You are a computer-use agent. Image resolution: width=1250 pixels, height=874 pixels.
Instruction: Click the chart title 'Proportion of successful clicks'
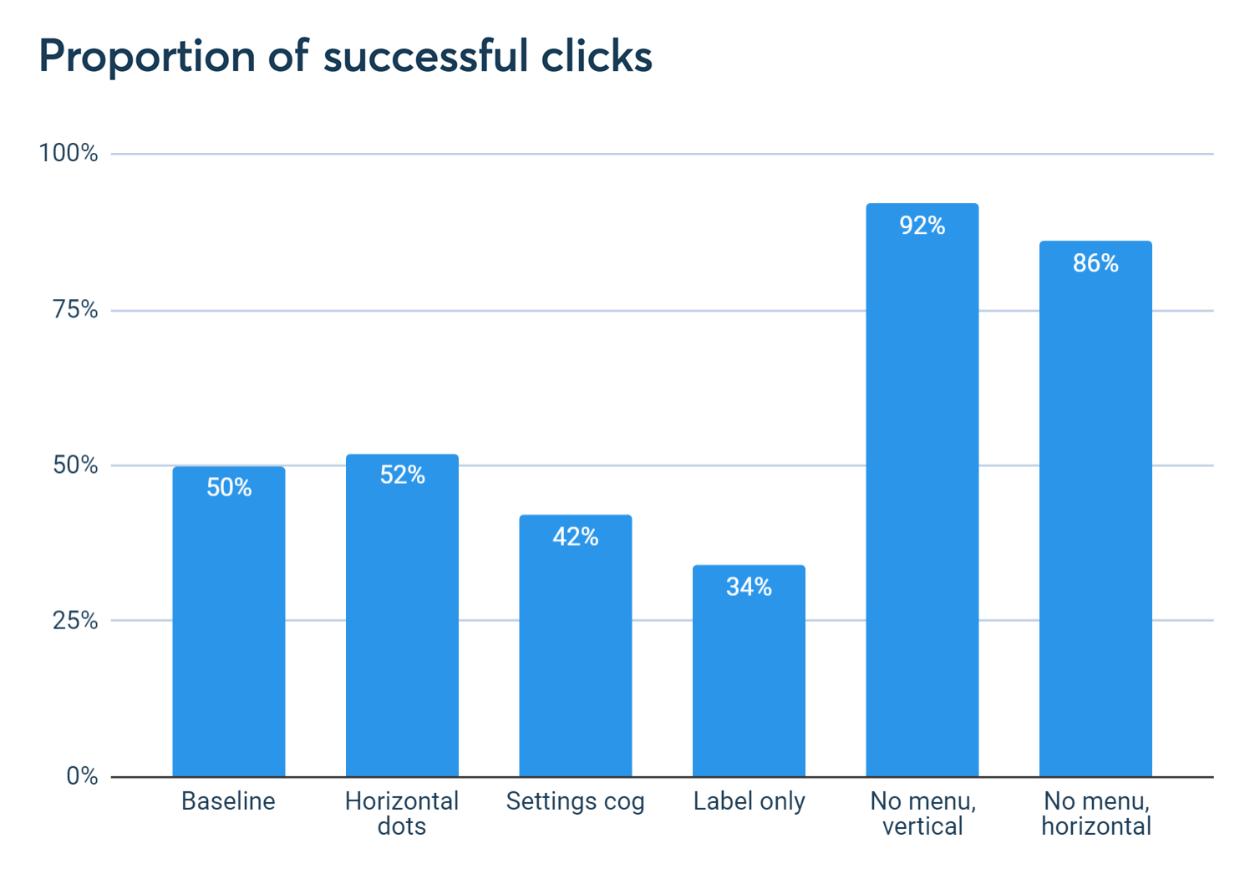345,57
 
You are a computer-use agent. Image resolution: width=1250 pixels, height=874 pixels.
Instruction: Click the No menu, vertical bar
922,501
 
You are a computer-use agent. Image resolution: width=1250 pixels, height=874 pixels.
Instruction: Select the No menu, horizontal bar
1095,518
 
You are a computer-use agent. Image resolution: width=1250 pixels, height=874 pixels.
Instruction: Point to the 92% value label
922,226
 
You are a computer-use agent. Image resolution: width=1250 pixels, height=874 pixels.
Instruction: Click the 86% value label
1095,263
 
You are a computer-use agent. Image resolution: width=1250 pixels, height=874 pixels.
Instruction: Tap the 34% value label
749,587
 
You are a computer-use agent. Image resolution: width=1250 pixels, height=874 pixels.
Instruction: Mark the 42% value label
576,536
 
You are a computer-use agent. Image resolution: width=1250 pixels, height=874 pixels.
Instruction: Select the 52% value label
402,475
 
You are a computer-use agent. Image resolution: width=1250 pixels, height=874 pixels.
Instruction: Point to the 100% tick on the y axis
69,153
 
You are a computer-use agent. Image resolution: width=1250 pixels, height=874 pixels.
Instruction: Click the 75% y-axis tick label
75,310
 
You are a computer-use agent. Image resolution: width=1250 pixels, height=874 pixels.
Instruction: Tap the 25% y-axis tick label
75,621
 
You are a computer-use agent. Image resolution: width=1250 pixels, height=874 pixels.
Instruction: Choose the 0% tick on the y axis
82,776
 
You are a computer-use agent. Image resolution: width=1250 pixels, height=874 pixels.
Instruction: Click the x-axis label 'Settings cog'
576,802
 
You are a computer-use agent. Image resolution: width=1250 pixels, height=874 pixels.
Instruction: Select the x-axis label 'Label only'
749,802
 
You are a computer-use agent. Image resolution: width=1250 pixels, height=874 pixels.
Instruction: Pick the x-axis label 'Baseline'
228,802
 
